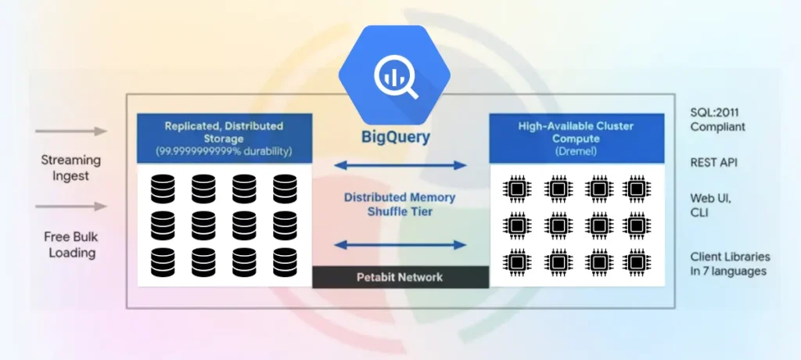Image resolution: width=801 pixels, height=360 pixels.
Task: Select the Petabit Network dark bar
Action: tap(400, 277)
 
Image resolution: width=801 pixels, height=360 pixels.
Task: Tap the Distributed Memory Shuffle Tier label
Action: tap(400, 205)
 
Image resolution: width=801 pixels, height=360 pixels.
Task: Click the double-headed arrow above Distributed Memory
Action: tap(400, 165)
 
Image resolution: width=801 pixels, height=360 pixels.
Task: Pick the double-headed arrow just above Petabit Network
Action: tap(400, 245)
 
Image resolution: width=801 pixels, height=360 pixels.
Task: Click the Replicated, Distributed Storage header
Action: tap(224, 132)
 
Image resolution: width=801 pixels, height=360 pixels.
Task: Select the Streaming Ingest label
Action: tap(71, 167)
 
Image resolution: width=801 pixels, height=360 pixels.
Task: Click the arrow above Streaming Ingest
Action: tap(71, 131)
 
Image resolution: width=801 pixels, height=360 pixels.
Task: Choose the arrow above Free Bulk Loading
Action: tap(71, 207)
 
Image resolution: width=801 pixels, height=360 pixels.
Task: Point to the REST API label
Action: tap(713, 163)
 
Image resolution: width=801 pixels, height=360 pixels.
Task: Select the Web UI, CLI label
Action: tap(710, 205)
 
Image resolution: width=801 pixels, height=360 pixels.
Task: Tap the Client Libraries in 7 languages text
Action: tap(729, 264)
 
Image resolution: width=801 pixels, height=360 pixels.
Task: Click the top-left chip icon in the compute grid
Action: tap(516, 189)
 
